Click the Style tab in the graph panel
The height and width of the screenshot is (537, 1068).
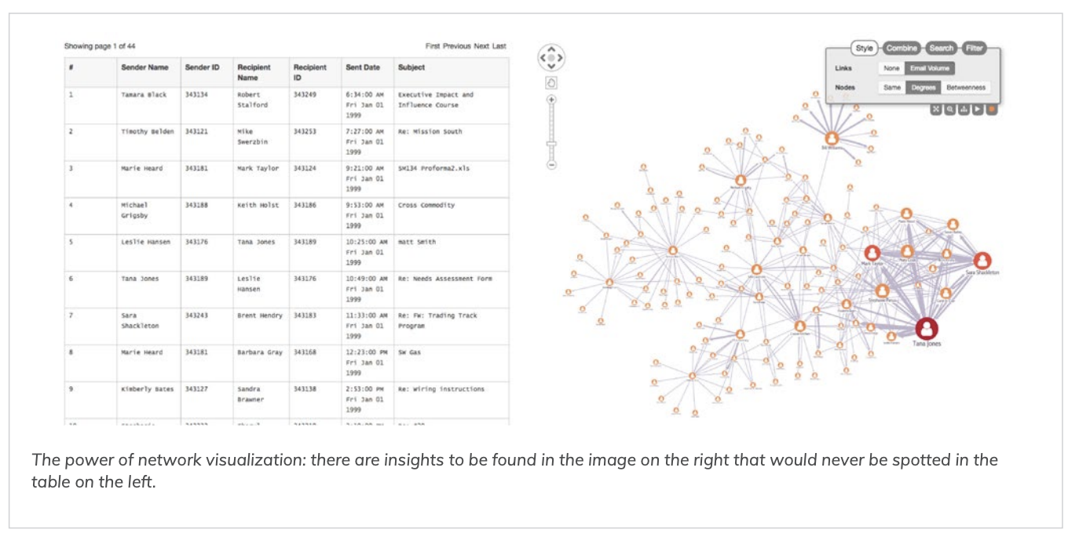[864, 48]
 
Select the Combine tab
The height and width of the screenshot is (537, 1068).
[902, 48]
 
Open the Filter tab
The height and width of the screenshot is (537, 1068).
[974, 48]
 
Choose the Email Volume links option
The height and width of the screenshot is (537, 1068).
[930, 68]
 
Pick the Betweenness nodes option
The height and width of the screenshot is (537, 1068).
[965, 87]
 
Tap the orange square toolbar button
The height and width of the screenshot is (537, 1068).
[992, 109]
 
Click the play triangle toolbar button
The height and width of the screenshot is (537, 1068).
[978, 109]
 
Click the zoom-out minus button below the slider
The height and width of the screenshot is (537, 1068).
[551, 165]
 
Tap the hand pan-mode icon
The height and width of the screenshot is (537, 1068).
[551, 82]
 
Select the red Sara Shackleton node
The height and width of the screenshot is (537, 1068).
[982, 261]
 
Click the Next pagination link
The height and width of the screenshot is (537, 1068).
[481, 46]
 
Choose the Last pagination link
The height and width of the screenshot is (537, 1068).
[499, 46]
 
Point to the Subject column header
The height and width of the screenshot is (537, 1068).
[411, 68]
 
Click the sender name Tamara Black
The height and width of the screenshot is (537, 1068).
[144, 95]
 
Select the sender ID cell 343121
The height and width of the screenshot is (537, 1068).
[196, 132]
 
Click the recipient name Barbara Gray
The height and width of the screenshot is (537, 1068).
[259, 353]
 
